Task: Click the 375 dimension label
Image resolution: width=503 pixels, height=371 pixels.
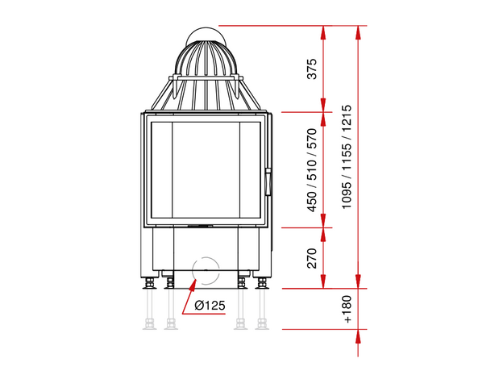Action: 312,69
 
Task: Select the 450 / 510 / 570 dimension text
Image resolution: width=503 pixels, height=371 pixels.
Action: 312,170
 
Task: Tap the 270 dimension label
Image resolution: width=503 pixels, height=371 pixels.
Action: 312,258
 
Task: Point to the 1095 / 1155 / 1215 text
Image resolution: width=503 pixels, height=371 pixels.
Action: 347,157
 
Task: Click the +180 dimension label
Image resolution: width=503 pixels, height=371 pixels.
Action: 347,309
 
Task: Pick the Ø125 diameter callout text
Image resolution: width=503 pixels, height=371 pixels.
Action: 210,305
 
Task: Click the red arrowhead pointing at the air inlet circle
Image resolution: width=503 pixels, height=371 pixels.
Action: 193,286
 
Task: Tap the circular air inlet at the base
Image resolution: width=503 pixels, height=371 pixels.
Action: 206,270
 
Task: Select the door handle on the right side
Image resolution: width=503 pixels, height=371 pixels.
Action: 268,181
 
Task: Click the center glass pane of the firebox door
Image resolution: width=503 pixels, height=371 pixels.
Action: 206,170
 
